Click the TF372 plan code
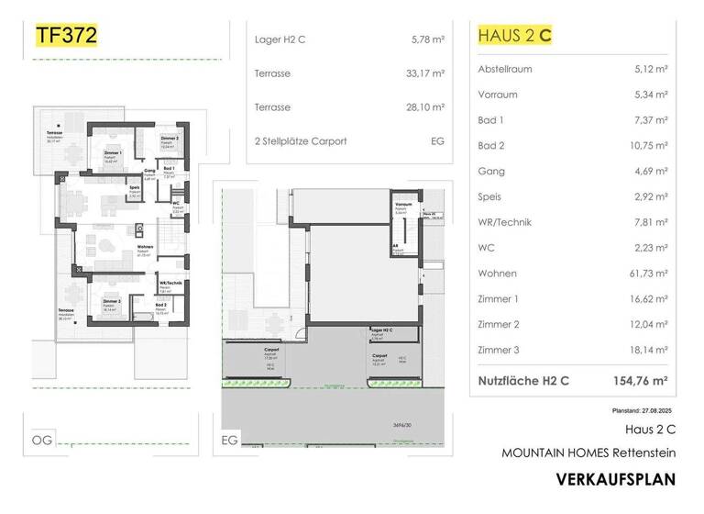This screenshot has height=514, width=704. [65, 36]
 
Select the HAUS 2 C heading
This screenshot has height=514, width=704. [515, 36]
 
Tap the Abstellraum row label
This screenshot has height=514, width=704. [505, 69]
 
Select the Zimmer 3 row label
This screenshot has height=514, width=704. [500, 351]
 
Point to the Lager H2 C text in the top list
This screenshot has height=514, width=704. [282, 39]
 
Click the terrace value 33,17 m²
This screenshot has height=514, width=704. [425, 73]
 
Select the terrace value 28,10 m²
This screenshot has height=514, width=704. [425, 107]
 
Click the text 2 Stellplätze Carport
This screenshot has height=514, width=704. [301, 141]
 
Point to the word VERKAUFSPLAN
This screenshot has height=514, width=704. [615, 479]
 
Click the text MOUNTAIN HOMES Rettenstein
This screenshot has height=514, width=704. [588, 453]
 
